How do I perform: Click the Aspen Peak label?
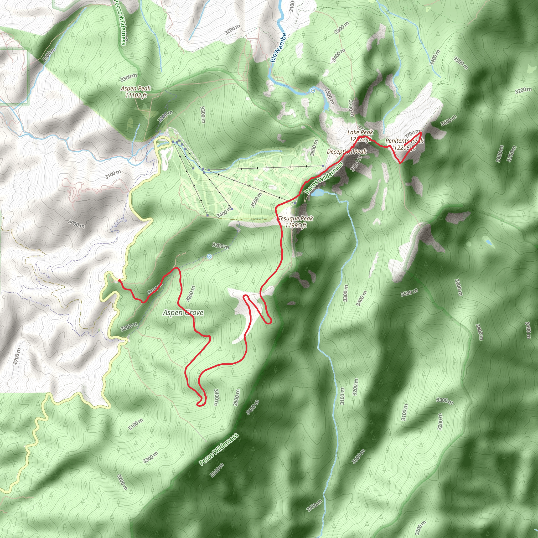[x=136, y=89]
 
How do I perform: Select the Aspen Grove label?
[x=183, y=313]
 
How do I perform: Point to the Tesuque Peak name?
[x=296, y=219]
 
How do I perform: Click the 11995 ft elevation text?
[x=296, y=225]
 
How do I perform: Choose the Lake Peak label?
[x=360, y=132]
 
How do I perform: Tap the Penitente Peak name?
[x=404, y=141]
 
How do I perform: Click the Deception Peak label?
[x=347, y=152]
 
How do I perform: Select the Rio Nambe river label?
[x=278, y=48]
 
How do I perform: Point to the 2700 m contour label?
[x=17, y=356]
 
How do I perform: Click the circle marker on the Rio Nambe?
[x=313, y=91]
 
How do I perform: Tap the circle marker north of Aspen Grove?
[x=209, y=256]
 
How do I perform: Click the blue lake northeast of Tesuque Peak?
[x=317, y=192]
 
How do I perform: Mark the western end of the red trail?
[x=119, y=281]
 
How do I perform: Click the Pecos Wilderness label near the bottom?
[x=219, y=449]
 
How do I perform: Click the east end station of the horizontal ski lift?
[x=323, y=166]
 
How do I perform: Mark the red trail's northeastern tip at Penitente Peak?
[x=421, y=132]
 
